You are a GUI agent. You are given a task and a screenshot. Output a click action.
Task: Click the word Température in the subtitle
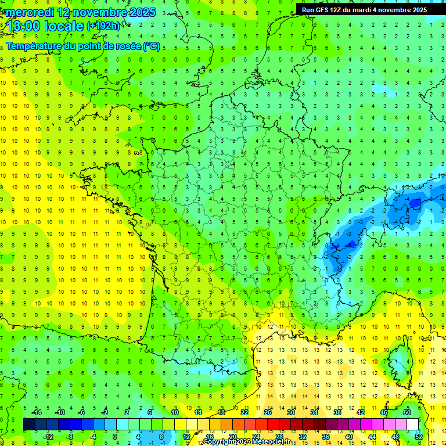point(35,46)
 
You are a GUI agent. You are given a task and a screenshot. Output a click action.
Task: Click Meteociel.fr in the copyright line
point(272,442)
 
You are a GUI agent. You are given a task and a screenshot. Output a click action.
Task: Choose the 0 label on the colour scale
point(114,437)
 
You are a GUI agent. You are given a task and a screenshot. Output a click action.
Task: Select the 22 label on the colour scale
point(244,412)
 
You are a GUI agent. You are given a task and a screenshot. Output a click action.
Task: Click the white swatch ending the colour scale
point(412,424)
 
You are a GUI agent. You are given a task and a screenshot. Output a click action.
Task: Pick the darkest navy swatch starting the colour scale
point(29,424)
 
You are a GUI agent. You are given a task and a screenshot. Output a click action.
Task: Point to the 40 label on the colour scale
point(348,437)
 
